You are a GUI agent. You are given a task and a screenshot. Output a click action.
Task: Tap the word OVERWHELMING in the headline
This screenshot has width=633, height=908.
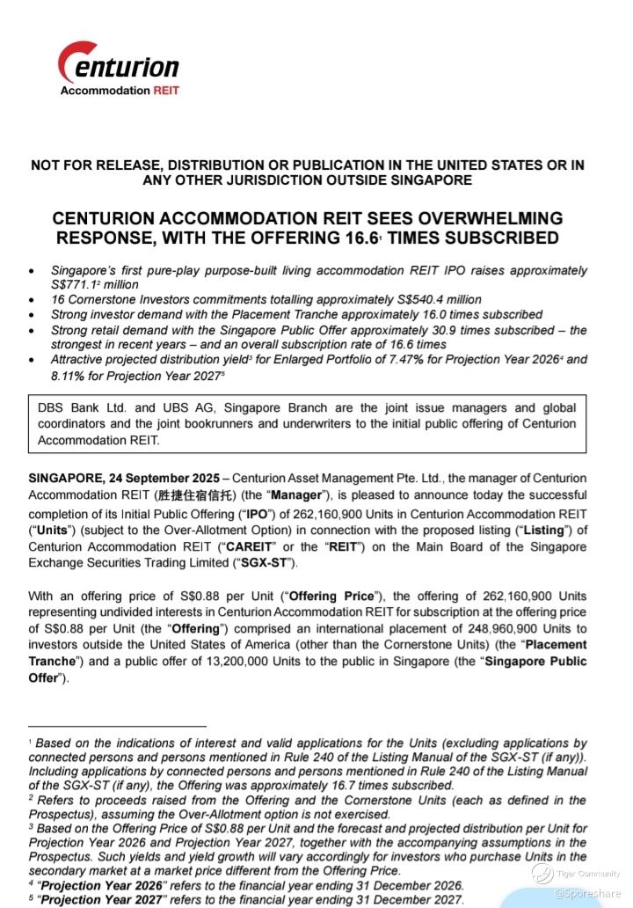click(x=481, y=218)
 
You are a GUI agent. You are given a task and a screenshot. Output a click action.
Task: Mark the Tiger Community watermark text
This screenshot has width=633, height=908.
click(x=587, y=874)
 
